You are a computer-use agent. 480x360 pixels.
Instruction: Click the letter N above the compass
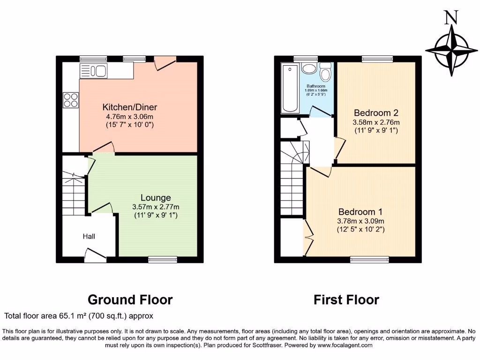[x=451, y=17]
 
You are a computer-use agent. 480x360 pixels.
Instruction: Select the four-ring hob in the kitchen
[x=71, y=100]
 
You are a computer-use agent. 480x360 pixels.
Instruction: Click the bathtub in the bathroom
[x=290, y=89]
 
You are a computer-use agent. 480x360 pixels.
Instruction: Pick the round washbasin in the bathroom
[x=308, y=69]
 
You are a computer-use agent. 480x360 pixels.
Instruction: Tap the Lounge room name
[x=156, y=198]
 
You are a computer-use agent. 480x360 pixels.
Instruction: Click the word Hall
[x=89, y=236]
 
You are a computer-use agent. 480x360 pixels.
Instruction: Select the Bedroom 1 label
[x=357, y=212]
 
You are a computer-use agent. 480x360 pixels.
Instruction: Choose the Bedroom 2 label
[x=376, y=113]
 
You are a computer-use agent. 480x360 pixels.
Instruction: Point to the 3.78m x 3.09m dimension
[x=361, y=221]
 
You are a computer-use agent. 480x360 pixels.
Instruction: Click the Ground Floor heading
[x=130, y=300]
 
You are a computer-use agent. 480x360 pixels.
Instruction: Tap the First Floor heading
[x=346, y=300]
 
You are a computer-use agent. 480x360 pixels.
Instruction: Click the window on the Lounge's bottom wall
[x=163, y=259]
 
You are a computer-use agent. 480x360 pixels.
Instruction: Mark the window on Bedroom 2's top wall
[x=377, y=59]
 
